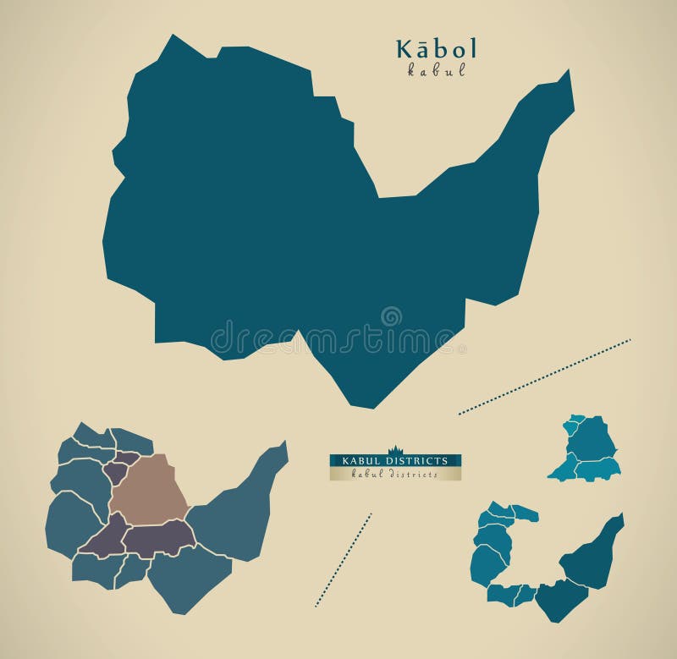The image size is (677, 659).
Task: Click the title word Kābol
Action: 437,48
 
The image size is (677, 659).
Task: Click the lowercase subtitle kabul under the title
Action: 437,71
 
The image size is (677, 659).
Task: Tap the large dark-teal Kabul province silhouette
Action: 254,211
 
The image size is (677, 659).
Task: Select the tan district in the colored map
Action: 148,489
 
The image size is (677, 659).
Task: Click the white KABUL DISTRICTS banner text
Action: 395,460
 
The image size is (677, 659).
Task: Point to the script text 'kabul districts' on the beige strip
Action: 395,475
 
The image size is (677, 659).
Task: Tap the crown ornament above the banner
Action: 395,448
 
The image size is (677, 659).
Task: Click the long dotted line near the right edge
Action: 544,377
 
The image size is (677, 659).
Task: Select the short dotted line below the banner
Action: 344,559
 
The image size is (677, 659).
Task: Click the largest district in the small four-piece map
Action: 592,440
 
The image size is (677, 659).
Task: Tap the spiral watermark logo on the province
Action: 391,317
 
